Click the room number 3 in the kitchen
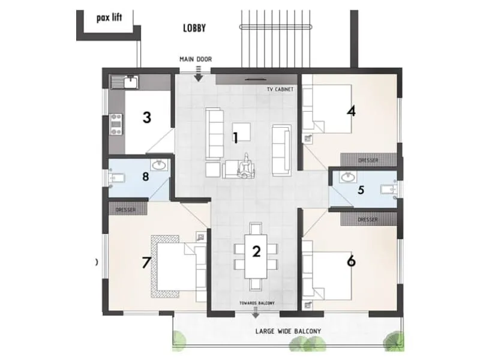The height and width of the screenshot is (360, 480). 146,117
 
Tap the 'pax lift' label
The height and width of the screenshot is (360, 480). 109,17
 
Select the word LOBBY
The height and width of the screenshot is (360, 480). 194,28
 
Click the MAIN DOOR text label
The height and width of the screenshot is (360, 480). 196,59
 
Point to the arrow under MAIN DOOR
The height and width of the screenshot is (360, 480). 199,76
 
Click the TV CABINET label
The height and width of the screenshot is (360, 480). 280,89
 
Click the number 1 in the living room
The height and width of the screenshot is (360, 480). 236,138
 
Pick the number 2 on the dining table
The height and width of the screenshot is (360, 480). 256,251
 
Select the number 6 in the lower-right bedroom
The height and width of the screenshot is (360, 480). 351,261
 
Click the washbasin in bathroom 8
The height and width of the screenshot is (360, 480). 160,165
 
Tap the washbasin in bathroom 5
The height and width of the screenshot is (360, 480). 347,177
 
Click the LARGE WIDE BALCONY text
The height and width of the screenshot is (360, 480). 288,331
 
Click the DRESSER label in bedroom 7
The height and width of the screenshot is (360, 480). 125,210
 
